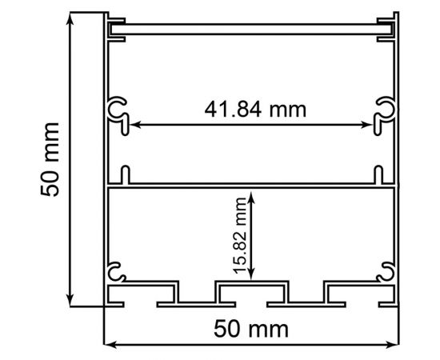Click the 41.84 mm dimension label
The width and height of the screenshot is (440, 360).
coord(254,109)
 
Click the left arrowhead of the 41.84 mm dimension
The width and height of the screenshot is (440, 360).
coord(134,124)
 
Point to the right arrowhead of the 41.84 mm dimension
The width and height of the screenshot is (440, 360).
coord(372,124)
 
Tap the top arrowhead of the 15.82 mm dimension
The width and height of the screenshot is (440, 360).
coord(252,194)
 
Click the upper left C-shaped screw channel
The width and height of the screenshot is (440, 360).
coord(118,110)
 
